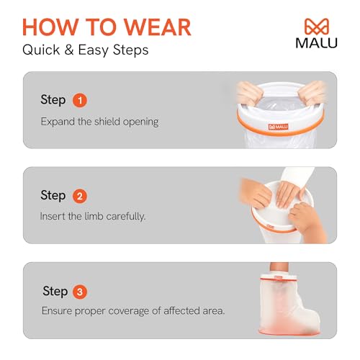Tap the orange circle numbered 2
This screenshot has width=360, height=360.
click(80, 196)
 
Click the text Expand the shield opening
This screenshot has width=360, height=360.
click(99, 121)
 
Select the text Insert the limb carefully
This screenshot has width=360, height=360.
click(94, 217)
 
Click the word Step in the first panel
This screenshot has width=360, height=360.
click(53, 100)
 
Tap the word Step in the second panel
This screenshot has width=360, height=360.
click(53, 196)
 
